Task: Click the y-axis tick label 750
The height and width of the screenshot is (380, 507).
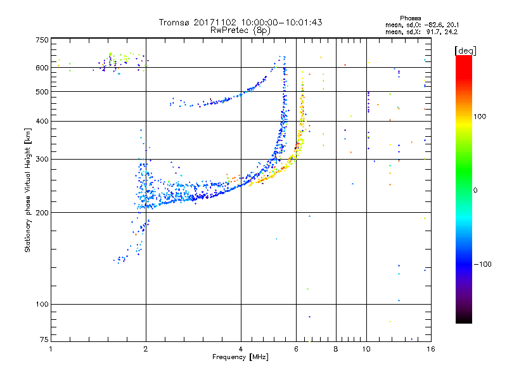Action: point(42,40)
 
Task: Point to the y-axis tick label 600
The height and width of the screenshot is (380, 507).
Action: point(42,68)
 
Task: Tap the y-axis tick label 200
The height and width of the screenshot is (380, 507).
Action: point(42,213)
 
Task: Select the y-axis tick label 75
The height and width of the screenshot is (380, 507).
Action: point(44,339)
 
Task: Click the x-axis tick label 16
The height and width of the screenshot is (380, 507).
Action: point(431,349)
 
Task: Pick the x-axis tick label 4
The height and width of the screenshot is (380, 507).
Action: point(241,349)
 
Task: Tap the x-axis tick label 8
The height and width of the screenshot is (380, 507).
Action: point(336,349)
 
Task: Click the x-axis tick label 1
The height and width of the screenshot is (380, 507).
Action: point(51,349)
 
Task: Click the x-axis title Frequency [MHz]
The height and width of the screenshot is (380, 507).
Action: point(240,357)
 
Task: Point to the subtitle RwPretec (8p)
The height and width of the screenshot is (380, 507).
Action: point(240,30)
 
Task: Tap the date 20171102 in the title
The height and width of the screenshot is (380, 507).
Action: point(215,22)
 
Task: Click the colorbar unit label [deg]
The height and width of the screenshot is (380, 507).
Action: point(466,51)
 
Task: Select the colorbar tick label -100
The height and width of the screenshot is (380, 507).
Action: point(483,264)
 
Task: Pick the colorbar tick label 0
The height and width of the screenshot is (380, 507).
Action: point(475,191)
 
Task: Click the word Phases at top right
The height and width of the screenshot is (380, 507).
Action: point(410,18)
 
